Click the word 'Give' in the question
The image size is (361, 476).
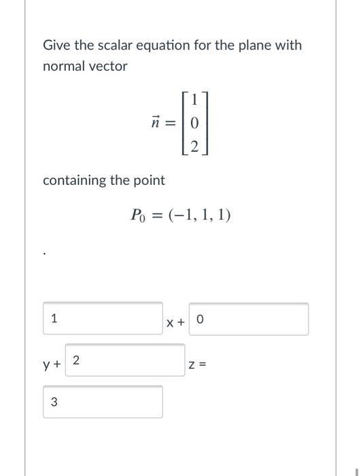pyautogui.click(x=56, y=46)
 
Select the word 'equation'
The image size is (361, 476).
pyautogui.click(x=160, y=46)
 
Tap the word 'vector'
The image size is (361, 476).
pyautogui.click(x=107, y=67)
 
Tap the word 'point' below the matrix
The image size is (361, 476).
pyautogui.click(x=149, y=180)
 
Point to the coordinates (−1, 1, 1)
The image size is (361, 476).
pyautogui.click(x=199, y=216)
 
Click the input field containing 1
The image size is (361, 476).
pyautogui.click(x=103, y=318)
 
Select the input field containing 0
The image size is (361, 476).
pyautogui.click(x=248, y=319)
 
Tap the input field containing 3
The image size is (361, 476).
pyautogui.click(x=103, y=402)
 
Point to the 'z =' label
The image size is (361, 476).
pyautogui.click(x=197, y=365)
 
